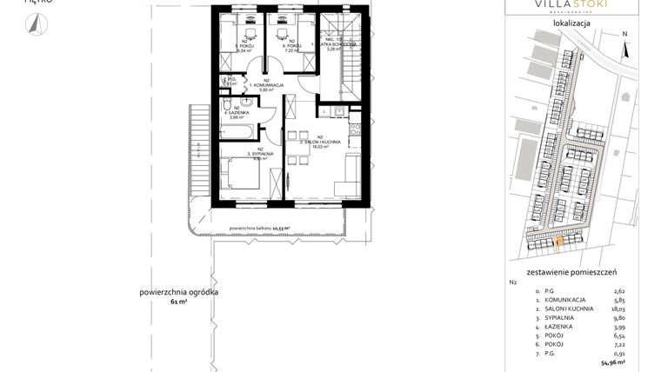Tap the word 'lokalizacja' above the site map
[571, 23]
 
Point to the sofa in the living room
[349, 176]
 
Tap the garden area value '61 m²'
[179, 301]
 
